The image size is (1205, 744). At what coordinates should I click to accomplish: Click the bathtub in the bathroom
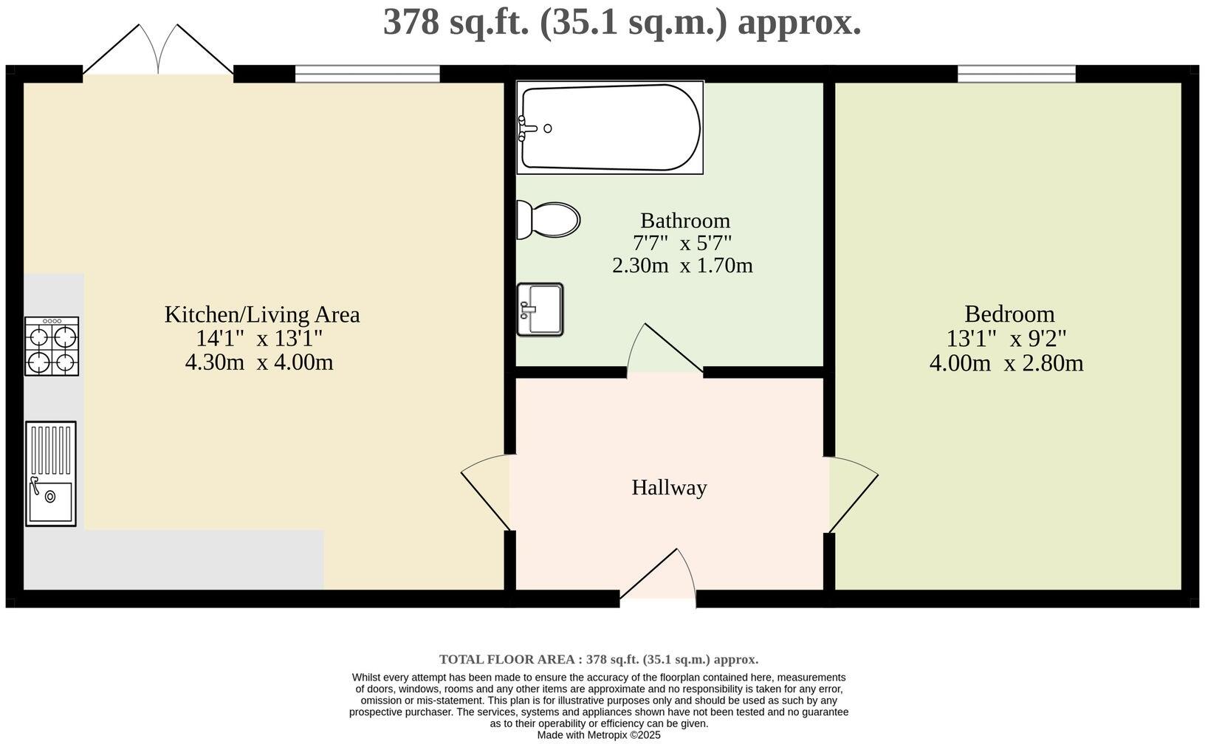pyautogui.click(x=609, y=127)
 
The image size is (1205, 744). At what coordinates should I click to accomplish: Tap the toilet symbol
pyautogui.click(x=548, y=220)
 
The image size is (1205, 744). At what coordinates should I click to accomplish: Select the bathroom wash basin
pyautogui.click(x=540, y=309)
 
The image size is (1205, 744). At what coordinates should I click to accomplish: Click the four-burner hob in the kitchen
pyautogui.click(x=52, y=346)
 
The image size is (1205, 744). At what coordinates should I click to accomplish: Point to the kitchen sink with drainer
pyautogui.click(x=51, y=473)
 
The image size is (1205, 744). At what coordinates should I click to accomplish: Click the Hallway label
pyautogui.click(x=669, y=488)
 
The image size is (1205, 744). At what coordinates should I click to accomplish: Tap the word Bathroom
pyautogui.click(x=684, y=221)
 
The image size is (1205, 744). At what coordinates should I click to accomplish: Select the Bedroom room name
pyautogui.click(x=1009, y=314)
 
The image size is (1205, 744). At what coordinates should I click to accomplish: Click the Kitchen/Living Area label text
pyautogui.click(x=261, y=314)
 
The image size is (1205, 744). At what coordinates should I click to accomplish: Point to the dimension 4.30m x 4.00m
pyautogui.click(x=259, y=363)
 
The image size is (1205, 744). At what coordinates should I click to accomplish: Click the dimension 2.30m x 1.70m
pyautogui.click(x=682, y=266)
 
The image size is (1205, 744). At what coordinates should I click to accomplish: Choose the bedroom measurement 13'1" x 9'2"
pyautogui.click(x=1006, y=339)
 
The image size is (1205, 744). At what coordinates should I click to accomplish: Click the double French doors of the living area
pyautogui.click(x=158, y=52)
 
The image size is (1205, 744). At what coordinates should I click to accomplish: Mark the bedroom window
pyautogui.click(x=1016, y=74)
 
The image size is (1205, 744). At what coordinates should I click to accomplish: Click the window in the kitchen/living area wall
pyautogui.click(x=367, y=74)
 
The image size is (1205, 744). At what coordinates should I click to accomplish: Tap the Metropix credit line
pyautogui.click(x=598, y=735)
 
